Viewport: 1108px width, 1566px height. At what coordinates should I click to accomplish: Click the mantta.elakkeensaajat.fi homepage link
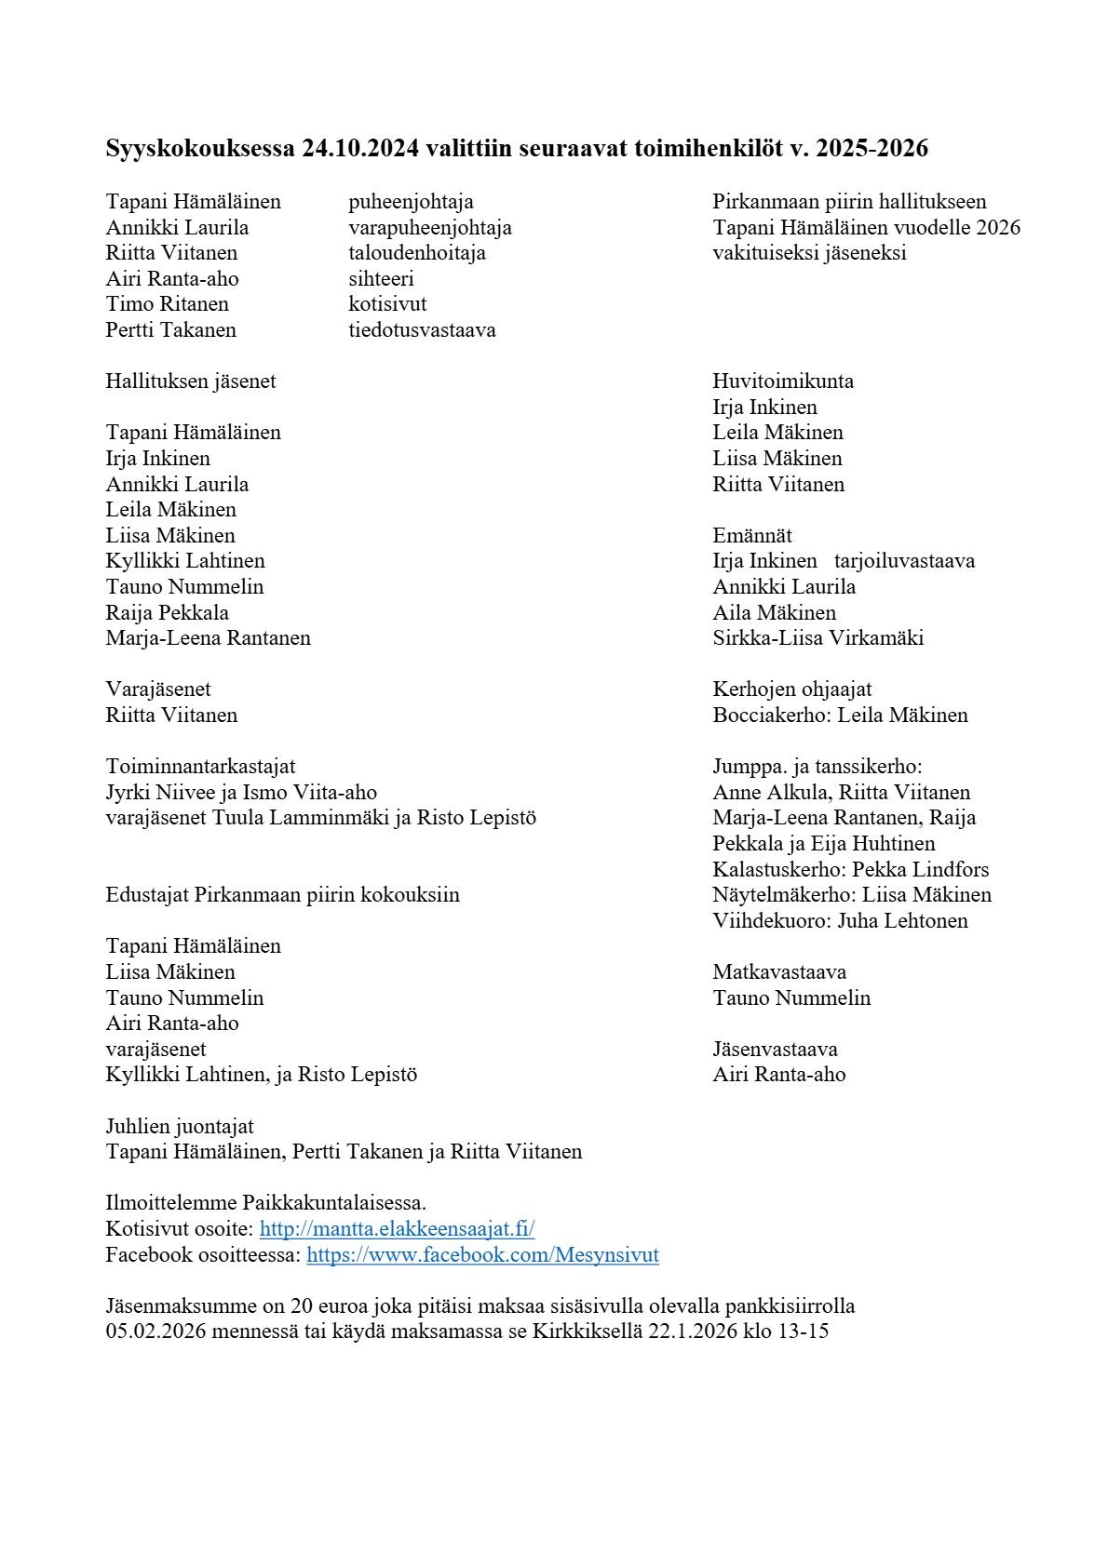pyautogui.click(x=397, y=1228)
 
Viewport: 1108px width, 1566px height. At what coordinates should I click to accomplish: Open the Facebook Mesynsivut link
pyautogui.click(x=482, y=1254)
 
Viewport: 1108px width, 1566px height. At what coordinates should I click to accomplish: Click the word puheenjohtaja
pyautogui.click(x=411, y=202)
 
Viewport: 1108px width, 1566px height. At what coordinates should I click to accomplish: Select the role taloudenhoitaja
pyautogui.click(x=417, y=253)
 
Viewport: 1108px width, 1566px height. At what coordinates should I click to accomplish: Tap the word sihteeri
pyautogui.click(x=381, y=279)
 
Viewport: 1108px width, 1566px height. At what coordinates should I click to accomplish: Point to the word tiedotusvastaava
pyautogui.click(x=422, y=330)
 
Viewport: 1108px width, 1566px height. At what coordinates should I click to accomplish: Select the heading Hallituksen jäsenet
pyautogui.click(x=191, y=381)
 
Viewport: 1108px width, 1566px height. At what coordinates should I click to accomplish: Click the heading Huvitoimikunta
pyautogui.click(x=783, y=381)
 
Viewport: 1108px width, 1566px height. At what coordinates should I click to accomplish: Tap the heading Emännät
pyautogui.click(x=752, y=536)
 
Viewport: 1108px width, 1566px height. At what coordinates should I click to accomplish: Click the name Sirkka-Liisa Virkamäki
pyautogui.click(x=818, y=638)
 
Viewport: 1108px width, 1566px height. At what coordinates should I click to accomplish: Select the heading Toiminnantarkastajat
pyautogui.click(x=200, y=767)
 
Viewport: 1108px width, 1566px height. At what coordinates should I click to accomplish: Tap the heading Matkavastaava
pyautogui.click(x=779, y=972)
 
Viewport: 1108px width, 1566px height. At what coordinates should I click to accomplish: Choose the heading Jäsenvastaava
pyautogui.click(x=775, y=1050)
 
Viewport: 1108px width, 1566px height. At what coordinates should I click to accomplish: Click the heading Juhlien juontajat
pyautogui.click(x=180, y=1127)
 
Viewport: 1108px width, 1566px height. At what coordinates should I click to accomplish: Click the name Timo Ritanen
pyautogui.click(x=168, y=304)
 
